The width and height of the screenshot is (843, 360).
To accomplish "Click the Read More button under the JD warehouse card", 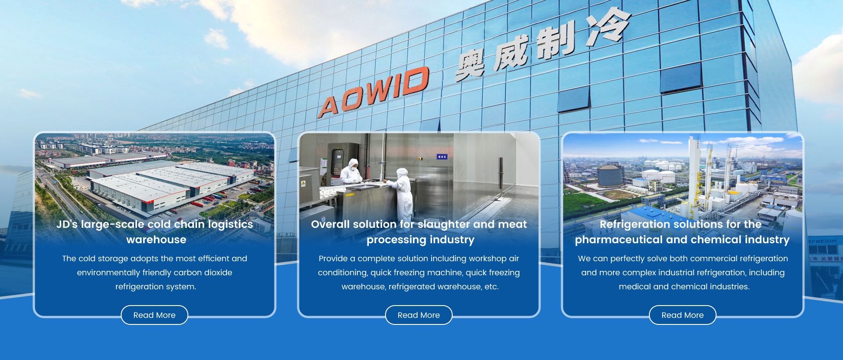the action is (x=155, y=315).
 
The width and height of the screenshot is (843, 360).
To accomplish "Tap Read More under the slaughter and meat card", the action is (x=419, y=315).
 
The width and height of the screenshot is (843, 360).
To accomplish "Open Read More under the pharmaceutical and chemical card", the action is (x=683, y=315).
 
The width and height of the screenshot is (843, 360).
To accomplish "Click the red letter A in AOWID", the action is (x=329, y=106).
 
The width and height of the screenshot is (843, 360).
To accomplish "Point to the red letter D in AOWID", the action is (x=414, y=81).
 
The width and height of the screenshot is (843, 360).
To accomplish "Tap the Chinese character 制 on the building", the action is (x=555, y=41).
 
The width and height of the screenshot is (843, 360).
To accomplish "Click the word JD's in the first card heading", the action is (x=67, y=224).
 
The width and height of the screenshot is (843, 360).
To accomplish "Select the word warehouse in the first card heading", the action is (x=156, y=240).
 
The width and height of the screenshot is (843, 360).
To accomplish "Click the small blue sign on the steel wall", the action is (x=442, y=157).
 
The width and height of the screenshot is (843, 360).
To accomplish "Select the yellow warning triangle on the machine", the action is (x=303, y=183).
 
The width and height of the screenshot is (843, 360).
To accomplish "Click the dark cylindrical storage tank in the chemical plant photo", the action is (x=610, y=175).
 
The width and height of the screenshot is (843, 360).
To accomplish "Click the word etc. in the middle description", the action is (x=491, y=287).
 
